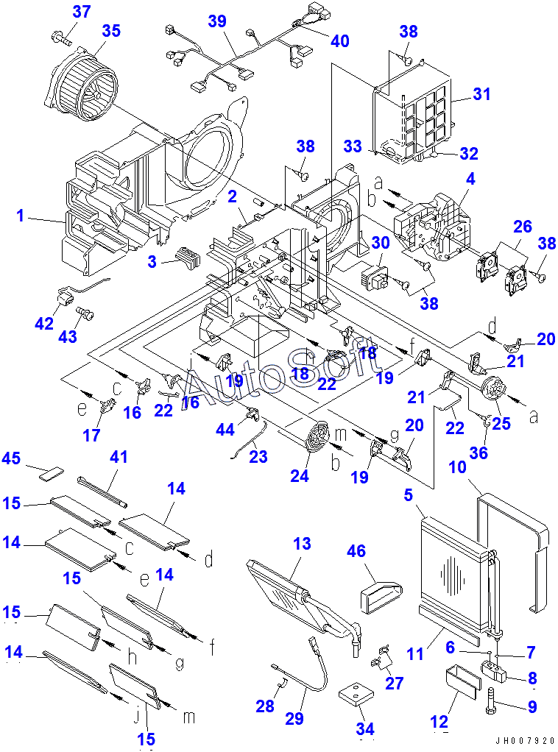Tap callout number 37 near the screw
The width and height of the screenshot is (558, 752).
point(82,12)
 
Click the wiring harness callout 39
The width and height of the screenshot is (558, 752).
point(216,22)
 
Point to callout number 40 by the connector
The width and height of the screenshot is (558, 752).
point(339,41)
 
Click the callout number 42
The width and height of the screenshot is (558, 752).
point(44,323)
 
